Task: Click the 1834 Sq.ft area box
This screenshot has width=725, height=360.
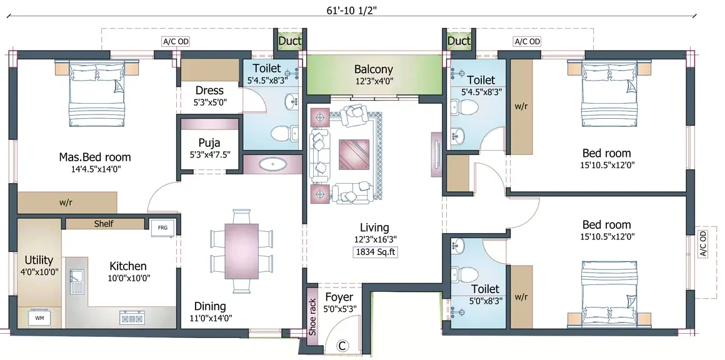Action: (x=375, y=252)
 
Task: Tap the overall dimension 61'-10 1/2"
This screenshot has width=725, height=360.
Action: (x=352, y=9)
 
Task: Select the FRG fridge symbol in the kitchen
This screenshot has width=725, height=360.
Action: (x=162, y=227)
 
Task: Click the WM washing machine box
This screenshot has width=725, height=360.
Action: (x=39, y=318)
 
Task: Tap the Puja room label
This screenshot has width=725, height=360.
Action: (x=210, y=142)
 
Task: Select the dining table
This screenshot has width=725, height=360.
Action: (x=241, y=251)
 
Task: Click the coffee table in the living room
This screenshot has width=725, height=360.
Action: (x=354, y=154)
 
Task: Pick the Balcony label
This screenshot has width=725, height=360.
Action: (x=374, y=69)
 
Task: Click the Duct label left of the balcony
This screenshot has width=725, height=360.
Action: (x=290, y=41)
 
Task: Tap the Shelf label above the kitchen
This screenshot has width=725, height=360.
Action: (x=104, y=224)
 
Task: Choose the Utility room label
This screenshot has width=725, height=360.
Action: (x=39, y=260)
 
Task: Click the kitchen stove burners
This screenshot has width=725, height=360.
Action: (x=132, y=318)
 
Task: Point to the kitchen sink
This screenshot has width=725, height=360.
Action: (x=76, y=282)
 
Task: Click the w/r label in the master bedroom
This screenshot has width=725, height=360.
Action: (x=65, y=202)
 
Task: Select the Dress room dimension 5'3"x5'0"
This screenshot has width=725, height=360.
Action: (x=210, y=102)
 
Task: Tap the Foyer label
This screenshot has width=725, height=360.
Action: (x=339, y=297)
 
